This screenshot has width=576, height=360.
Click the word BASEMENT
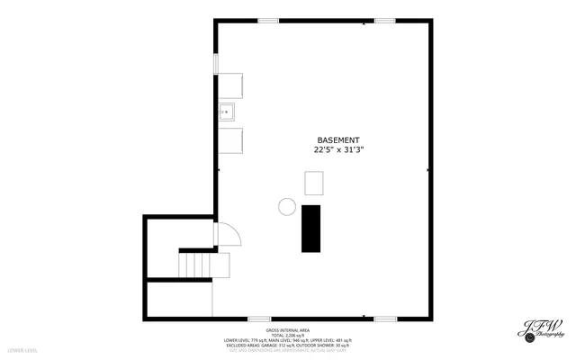(x=338, y=140)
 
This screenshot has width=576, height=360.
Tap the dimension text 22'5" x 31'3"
(x=338, y=151)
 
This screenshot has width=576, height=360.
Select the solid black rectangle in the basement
(x=311, y=228)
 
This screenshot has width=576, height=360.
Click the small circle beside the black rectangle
(x=287, y=206)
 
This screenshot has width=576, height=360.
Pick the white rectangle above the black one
(x=314, y=184)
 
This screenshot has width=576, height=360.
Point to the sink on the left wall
(x=227, y=113)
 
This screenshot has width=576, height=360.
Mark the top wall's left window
(x=267, y=20)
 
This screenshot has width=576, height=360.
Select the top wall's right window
(x=385, y=20)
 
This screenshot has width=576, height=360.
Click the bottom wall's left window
(x=259, y=319)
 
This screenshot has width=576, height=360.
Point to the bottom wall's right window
(x=385, y=319)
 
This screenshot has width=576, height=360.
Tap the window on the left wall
(x=215, y=64)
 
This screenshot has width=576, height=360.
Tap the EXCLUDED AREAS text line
(x=288, y=345)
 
